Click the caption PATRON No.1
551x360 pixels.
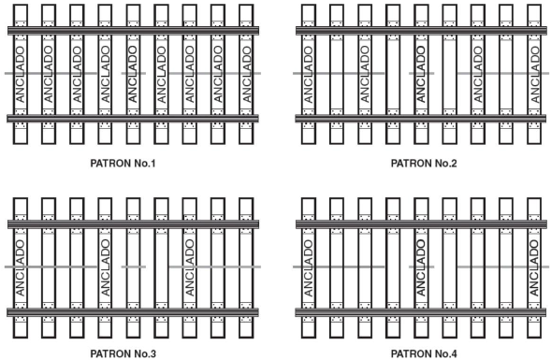coord(123,164)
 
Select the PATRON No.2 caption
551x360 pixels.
coord(424,164)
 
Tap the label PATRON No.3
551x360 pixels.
coord(123,353)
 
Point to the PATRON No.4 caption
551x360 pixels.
coord(424,353)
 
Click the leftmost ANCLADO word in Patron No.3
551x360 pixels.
coord(21,267)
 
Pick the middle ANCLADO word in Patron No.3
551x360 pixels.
coord(105,267)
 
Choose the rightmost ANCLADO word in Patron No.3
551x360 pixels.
coord(189,267)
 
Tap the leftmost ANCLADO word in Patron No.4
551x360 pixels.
coord(308,267)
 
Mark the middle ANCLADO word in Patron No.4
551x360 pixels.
coord(421,267)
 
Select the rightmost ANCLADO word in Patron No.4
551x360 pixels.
coord(534,267)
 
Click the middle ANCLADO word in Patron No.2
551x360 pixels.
coord(421,74)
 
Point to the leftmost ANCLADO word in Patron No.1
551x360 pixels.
coord(21,74)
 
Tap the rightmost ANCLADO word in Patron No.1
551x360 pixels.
coord(246,74)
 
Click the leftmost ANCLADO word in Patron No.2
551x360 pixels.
coord(308,74)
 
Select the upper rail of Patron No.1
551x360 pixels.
coord(133,31)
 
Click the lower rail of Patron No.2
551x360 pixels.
coord(421,119)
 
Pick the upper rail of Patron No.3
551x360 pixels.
coord(133,224)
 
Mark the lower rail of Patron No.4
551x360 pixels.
coord(421,312)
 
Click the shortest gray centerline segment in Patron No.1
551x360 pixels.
coord(134,74)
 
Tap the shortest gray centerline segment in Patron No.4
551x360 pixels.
coord(421,266)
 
